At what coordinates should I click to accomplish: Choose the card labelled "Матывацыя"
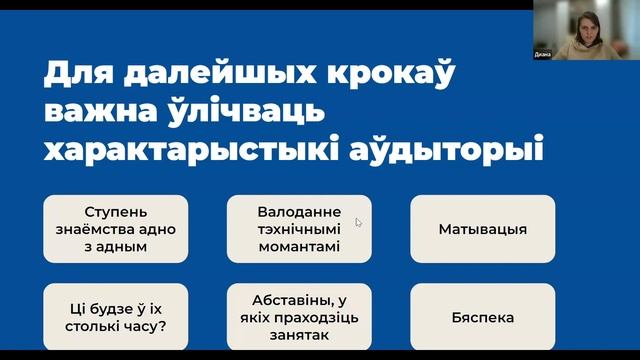[482, 229]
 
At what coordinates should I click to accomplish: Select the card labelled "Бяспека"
[482, 318]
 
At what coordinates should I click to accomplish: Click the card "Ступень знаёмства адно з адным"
[115, 229]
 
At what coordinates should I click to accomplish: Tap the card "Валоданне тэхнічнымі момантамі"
[299, 229]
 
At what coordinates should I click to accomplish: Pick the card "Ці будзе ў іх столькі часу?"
[115, 318]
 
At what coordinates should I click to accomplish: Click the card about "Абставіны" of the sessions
[299, 318]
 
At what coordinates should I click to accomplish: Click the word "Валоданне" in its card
[299, 212]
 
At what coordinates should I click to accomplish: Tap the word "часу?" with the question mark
[145, 326]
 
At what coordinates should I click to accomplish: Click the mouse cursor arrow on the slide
[358, 222]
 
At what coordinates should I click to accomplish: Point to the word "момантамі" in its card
[299, 246]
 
